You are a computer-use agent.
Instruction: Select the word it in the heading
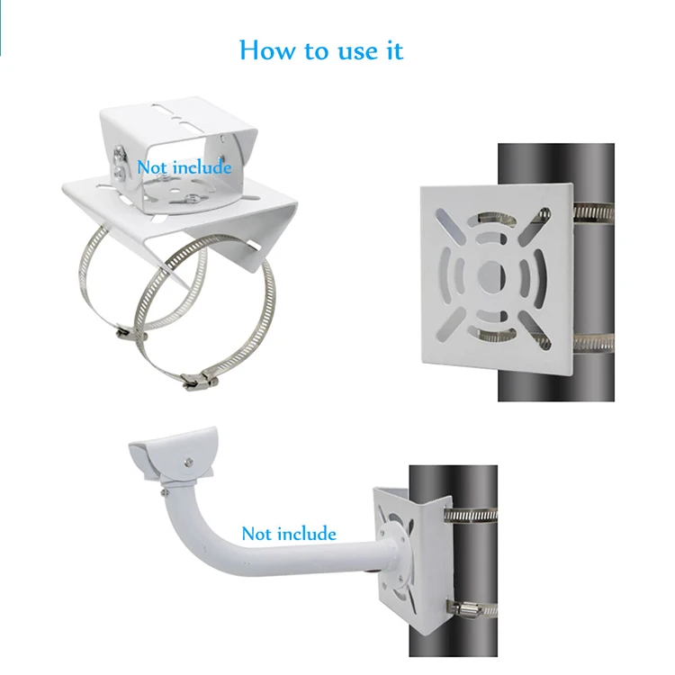(x=393, y=49)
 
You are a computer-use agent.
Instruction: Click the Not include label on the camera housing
(x=184, y=166)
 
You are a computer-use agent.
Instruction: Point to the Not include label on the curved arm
(x=288, y=534)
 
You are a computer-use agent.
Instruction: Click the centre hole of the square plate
(x=491, y=274)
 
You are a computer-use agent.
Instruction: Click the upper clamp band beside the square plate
(x=594, y=212)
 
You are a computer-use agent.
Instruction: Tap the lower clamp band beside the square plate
(x=594, y=342)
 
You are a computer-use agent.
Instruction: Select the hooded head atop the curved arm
(x=175, y=456)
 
